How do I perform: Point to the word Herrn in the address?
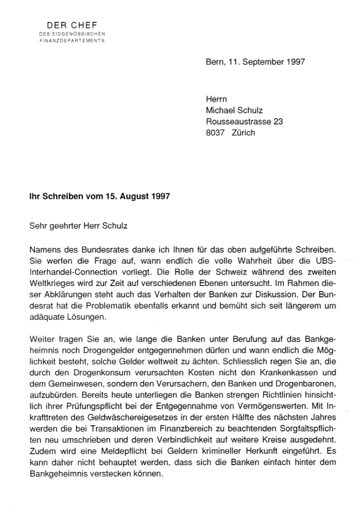tap(216, 98)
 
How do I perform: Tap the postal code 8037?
tap(215, 133)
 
